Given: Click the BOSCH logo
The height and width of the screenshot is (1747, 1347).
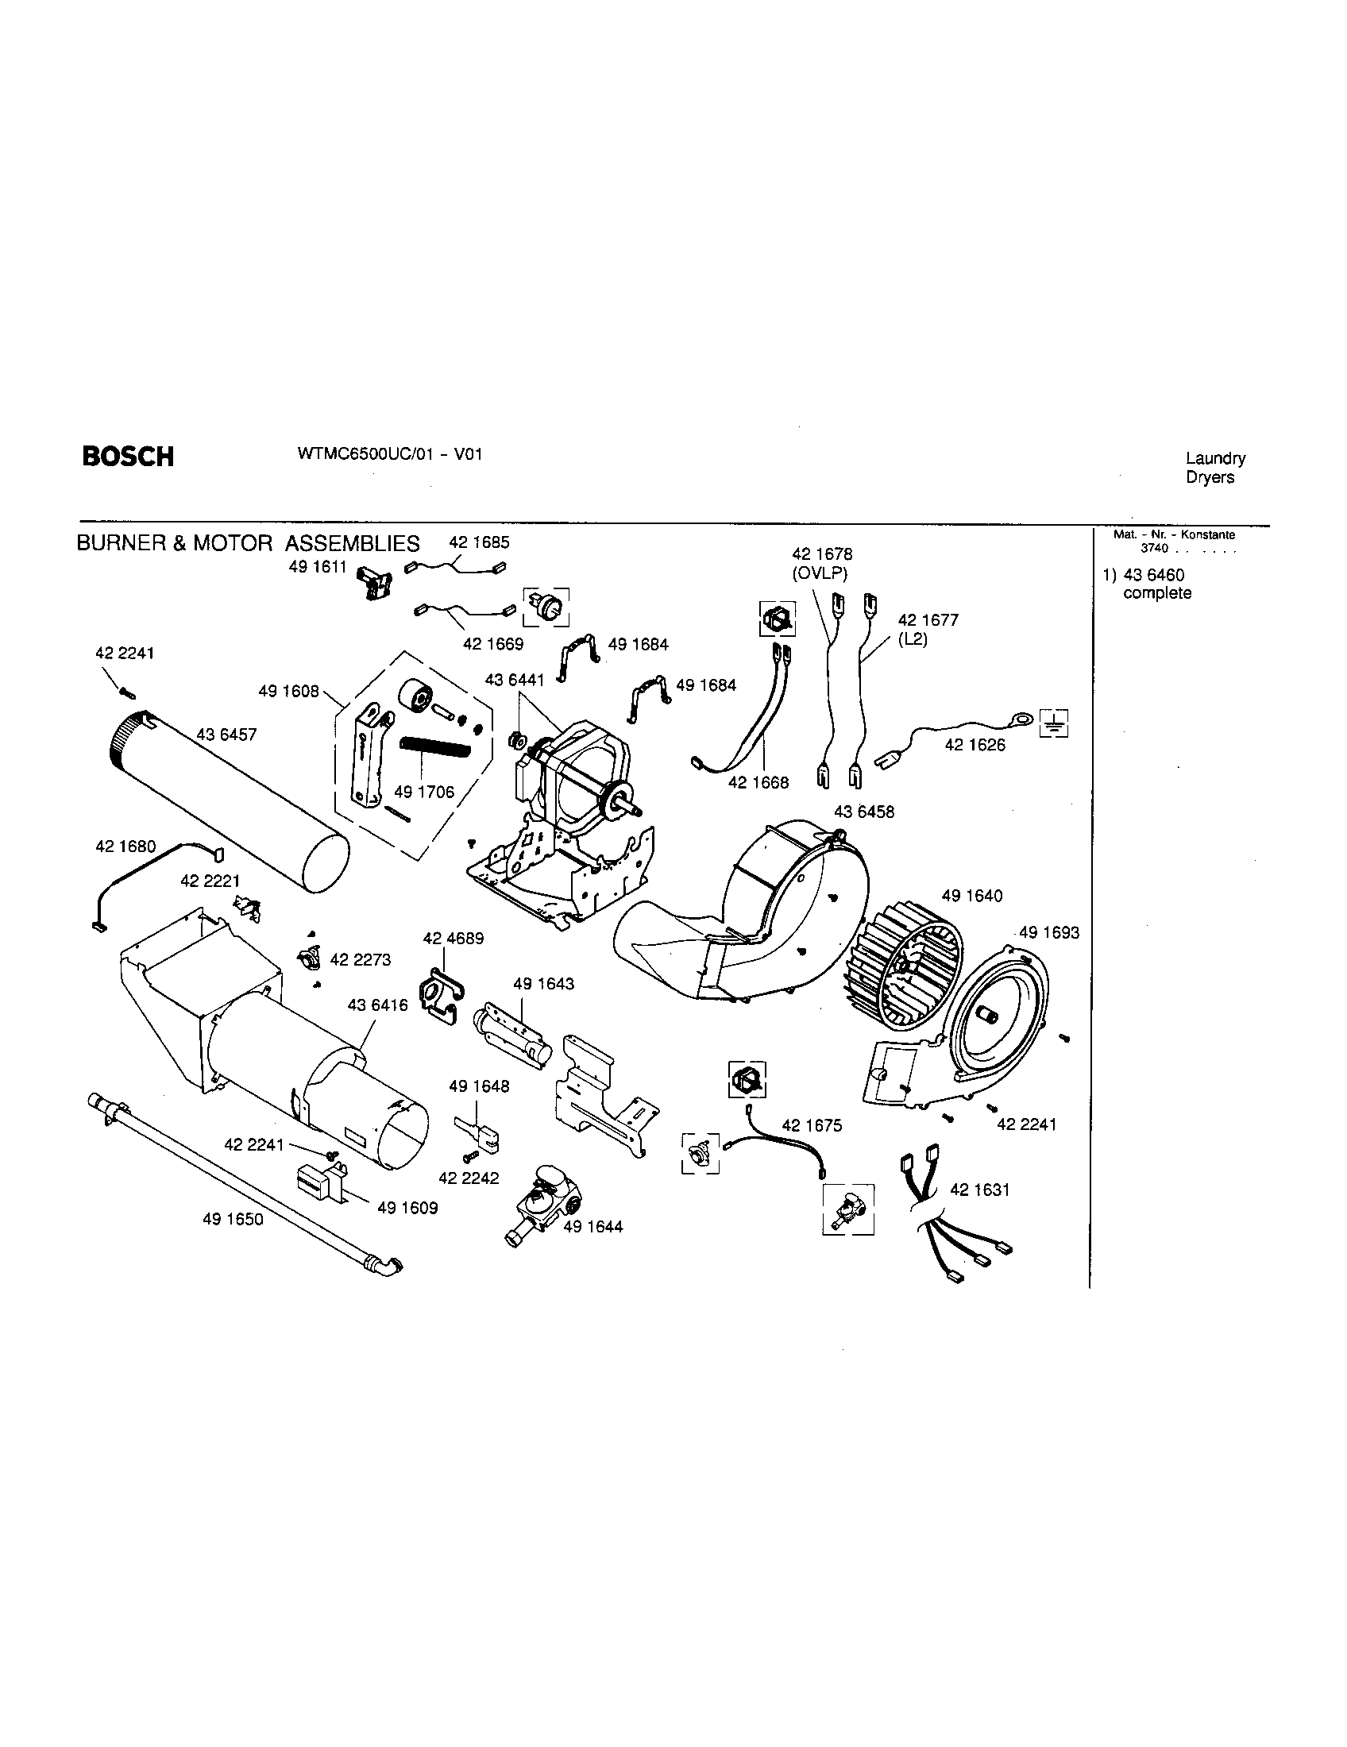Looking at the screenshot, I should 128,457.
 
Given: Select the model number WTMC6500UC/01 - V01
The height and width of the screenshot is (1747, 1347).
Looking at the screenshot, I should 389,453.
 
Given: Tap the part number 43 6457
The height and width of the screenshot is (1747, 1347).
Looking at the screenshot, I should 226,735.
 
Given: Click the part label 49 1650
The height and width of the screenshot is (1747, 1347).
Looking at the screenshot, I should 233,1219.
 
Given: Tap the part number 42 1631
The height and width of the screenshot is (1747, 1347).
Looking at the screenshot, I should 980,1190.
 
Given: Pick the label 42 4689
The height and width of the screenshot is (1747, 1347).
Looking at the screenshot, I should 454,939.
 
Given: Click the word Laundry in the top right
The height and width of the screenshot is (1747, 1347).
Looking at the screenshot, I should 1215,458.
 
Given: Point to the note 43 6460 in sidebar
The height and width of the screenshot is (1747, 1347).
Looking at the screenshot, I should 1153,575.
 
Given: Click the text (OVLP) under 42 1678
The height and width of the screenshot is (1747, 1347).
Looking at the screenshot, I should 820,573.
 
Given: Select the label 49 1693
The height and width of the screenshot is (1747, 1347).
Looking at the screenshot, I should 1048,932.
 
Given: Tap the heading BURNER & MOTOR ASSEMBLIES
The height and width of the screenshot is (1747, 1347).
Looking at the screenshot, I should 248,544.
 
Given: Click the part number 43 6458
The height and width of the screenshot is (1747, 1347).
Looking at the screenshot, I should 864,812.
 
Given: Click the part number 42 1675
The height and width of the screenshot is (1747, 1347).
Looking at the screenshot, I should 812,1125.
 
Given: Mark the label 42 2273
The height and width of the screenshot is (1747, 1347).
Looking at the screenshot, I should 360,959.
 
